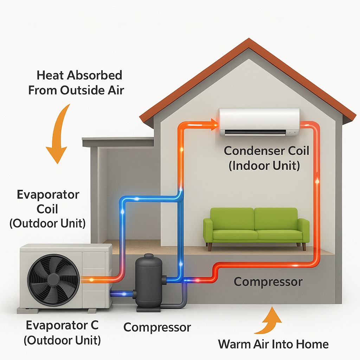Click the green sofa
coord(256,227)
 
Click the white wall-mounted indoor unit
coord(259,122)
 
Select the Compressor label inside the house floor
coord(268,282)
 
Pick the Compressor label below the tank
coord(157,327)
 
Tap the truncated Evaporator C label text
coord(62,325)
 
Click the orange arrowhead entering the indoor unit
coord(215,125)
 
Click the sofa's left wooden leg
coord(210,247)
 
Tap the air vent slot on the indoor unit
coord(255,132)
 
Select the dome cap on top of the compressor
coord(149,256)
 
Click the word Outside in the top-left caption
coord(82,90)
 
